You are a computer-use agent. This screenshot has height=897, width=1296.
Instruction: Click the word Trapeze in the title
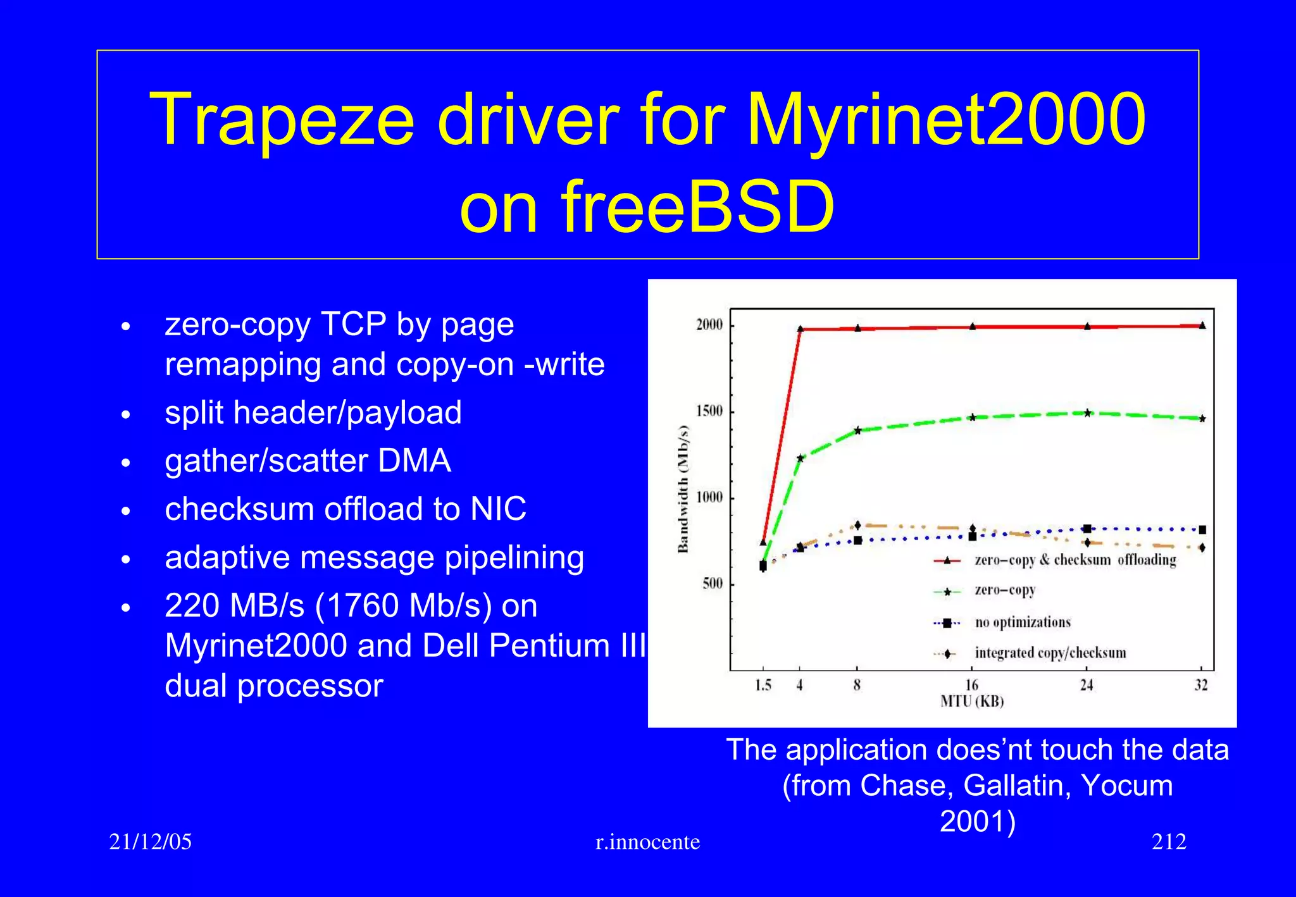point(282,120)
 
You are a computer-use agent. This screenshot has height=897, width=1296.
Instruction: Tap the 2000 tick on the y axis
point(709,325)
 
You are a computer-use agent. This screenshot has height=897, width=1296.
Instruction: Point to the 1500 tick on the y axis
point(709,411)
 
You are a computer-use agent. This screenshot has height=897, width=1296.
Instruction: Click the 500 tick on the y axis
point(713,583)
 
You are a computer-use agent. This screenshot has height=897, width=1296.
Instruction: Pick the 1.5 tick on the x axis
point(763,685)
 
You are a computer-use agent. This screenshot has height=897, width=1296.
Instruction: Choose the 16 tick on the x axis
point(972,685)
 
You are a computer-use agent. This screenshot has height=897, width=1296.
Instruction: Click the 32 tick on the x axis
point(1201,685)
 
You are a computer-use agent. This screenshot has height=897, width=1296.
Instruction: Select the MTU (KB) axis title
point(972,702)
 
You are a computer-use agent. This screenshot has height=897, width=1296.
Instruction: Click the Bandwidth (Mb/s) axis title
point(683,488)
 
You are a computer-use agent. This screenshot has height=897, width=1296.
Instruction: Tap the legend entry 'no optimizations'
point(1023,622)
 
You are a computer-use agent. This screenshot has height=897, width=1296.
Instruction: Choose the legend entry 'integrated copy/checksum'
point(1050,653)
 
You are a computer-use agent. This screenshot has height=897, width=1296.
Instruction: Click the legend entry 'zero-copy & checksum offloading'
point(1075,560)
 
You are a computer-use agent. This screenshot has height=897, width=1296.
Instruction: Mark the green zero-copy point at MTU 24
point(1087,413)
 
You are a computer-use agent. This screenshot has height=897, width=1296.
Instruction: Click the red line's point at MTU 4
point(800,329)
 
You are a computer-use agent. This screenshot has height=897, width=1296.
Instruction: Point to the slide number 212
point(1169,842)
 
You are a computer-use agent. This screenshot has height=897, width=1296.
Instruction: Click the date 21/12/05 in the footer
point(151,842)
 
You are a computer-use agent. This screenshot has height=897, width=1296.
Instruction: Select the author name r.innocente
point(648,842)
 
